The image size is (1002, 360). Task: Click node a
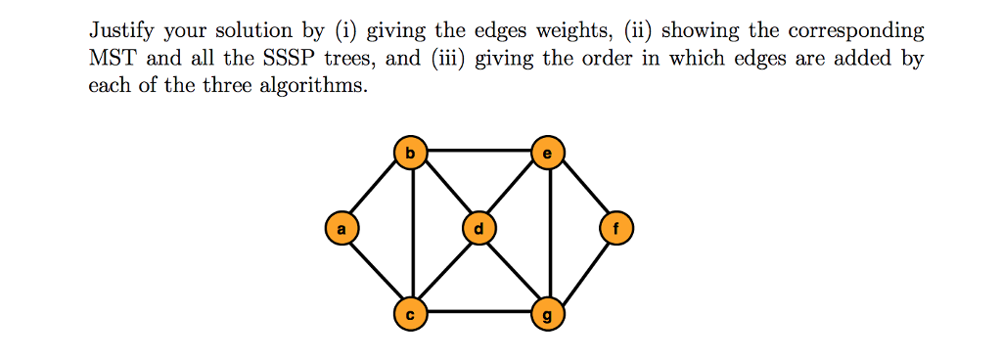click(341, 229)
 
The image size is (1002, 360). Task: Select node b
click(410, 152)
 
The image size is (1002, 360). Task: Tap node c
click(410, 314)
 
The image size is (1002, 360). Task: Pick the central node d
click(478, 229)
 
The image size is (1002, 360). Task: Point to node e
click(547, 152)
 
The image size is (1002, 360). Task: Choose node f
click(615, 229)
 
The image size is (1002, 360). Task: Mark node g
click(547, 314)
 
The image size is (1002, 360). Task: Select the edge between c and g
click(478, 314)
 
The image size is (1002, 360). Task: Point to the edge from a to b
click(375, 191)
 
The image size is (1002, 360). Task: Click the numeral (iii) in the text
click(449, 58)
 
